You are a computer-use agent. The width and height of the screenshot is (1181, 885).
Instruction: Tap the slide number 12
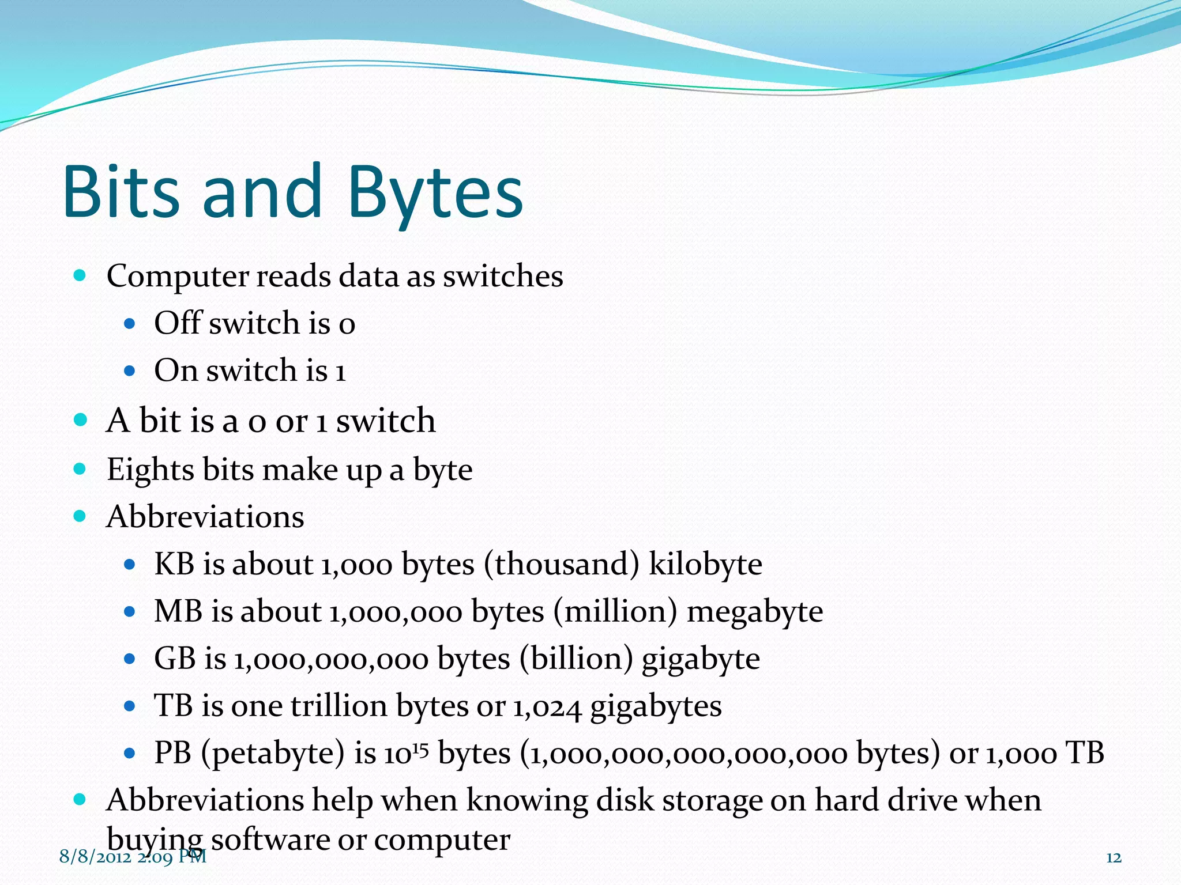[1114, 858]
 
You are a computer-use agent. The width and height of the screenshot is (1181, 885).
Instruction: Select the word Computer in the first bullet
[177, 277]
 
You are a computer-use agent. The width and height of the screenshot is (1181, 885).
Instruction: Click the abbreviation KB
[174, 564]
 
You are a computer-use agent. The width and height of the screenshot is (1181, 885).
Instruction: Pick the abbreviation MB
[178, 611]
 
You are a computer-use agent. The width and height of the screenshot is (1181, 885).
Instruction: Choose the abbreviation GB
[174, 659]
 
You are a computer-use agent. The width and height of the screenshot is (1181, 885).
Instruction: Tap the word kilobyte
[705, 564]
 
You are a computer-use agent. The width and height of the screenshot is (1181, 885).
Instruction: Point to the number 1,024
[547, 707]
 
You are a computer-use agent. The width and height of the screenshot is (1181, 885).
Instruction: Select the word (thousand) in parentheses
[562, 564]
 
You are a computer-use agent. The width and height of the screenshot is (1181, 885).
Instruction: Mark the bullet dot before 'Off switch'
[130, 324]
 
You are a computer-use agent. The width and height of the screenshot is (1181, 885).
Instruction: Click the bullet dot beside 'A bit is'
[80, 420]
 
